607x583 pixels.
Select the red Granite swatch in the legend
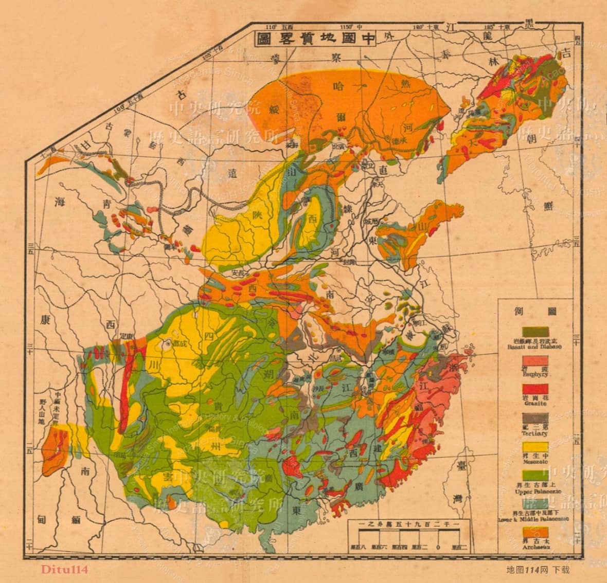point(535,389)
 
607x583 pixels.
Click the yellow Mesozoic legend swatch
point(535,447)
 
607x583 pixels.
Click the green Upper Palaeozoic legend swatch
point(535,475)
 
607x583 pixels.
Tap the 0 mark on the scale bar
point(438,547)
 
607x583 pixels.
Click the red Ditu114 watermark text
point(65,569)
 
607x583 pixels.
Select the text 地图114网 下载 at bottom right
point(538,569)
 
